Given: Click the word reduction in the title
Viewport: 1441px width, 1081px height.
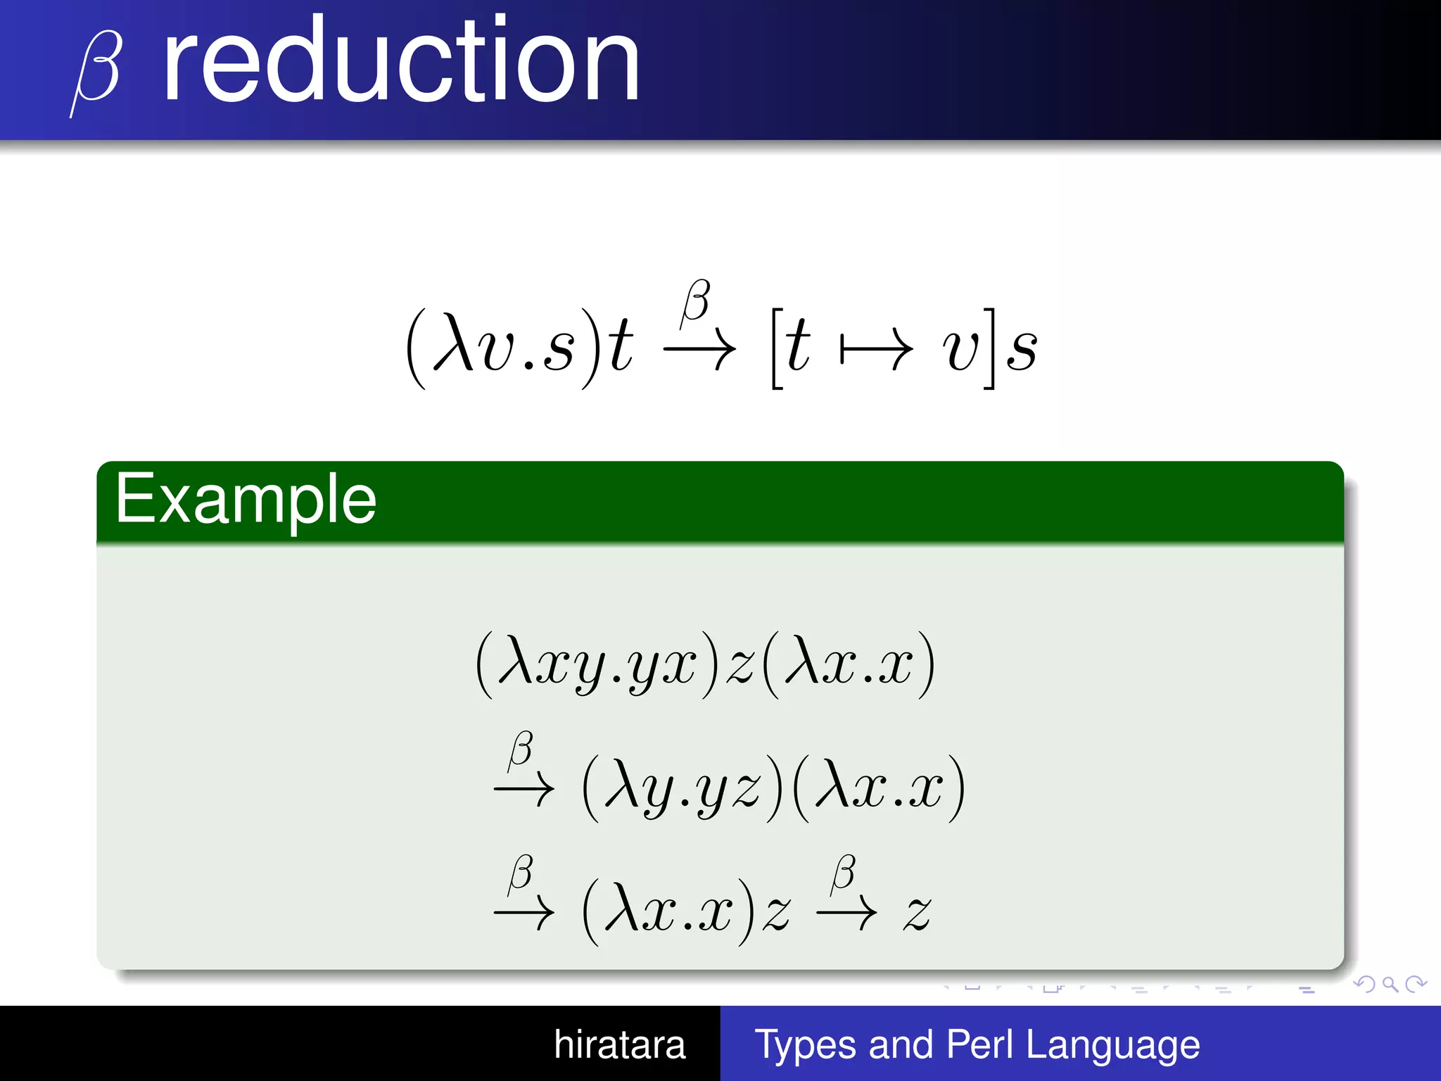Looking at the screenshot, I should (x=401, y=60).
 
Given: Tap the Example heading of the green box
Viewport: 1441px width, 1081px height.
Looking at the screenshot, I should (x=246, y=500).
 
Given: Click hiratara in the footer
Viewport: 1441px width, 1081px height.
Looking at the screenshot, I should (x=619, y=1044).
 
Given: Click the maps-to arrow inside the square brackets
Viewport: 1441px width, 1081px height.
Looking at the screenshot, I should (x=877, y=348).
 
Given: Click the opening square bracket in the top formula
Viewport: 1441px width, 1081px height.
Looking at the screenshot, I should (x=777, y=348).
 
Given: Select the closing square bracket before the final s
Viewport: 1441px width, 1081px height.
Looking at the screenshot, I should (x=989, y=348).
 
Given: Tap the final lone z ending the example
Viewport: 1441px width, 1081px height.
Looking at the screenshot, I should (x=918, y=914).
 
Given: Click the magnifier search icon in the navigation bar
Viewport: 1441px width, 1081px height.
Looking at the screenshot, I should (x=1390, y=985).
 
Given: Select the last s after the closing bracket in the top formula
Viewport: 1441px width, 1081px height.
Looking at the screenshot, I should (x=1022, y=350).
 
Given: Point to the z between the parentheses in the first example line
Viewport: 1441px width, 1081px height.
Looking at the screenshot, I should (x=739, y=665).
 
